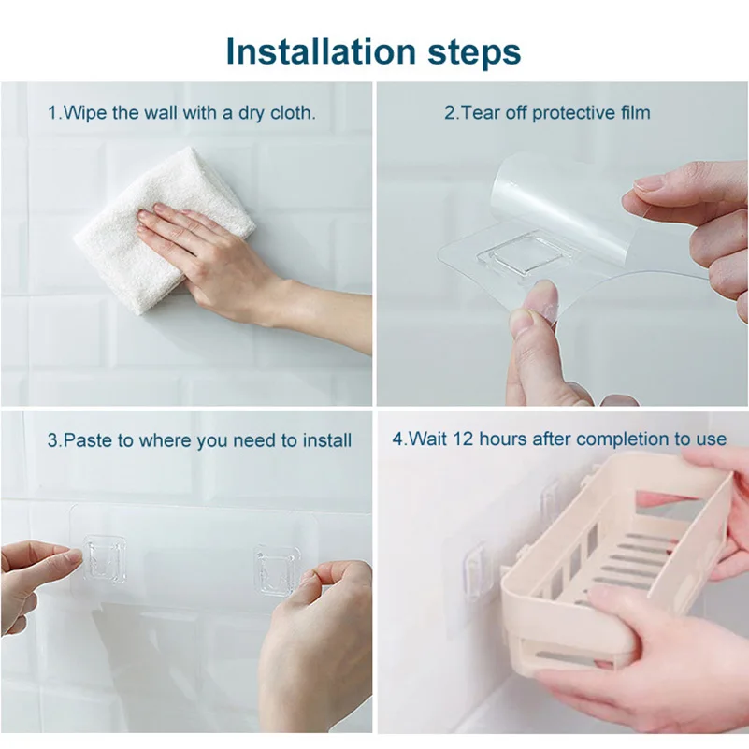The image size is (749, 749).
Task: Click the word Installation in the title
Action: pos(321,50)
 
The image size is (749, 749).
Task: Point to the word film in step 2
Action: pos(636,112)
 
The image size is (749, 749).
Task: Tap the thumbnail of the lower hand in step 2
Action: pos(522,318)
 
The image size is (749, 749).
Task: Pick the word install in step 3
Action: pos(328,439)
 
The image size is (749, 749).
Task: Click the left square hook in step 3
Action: pos(104,560)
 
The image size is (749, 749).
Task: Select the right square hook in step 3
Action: pos(277,569)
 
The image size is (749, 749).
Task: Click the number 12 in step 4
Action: pos(462,439)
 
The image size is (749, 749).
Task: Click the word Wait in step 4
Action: pos(427,439)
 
